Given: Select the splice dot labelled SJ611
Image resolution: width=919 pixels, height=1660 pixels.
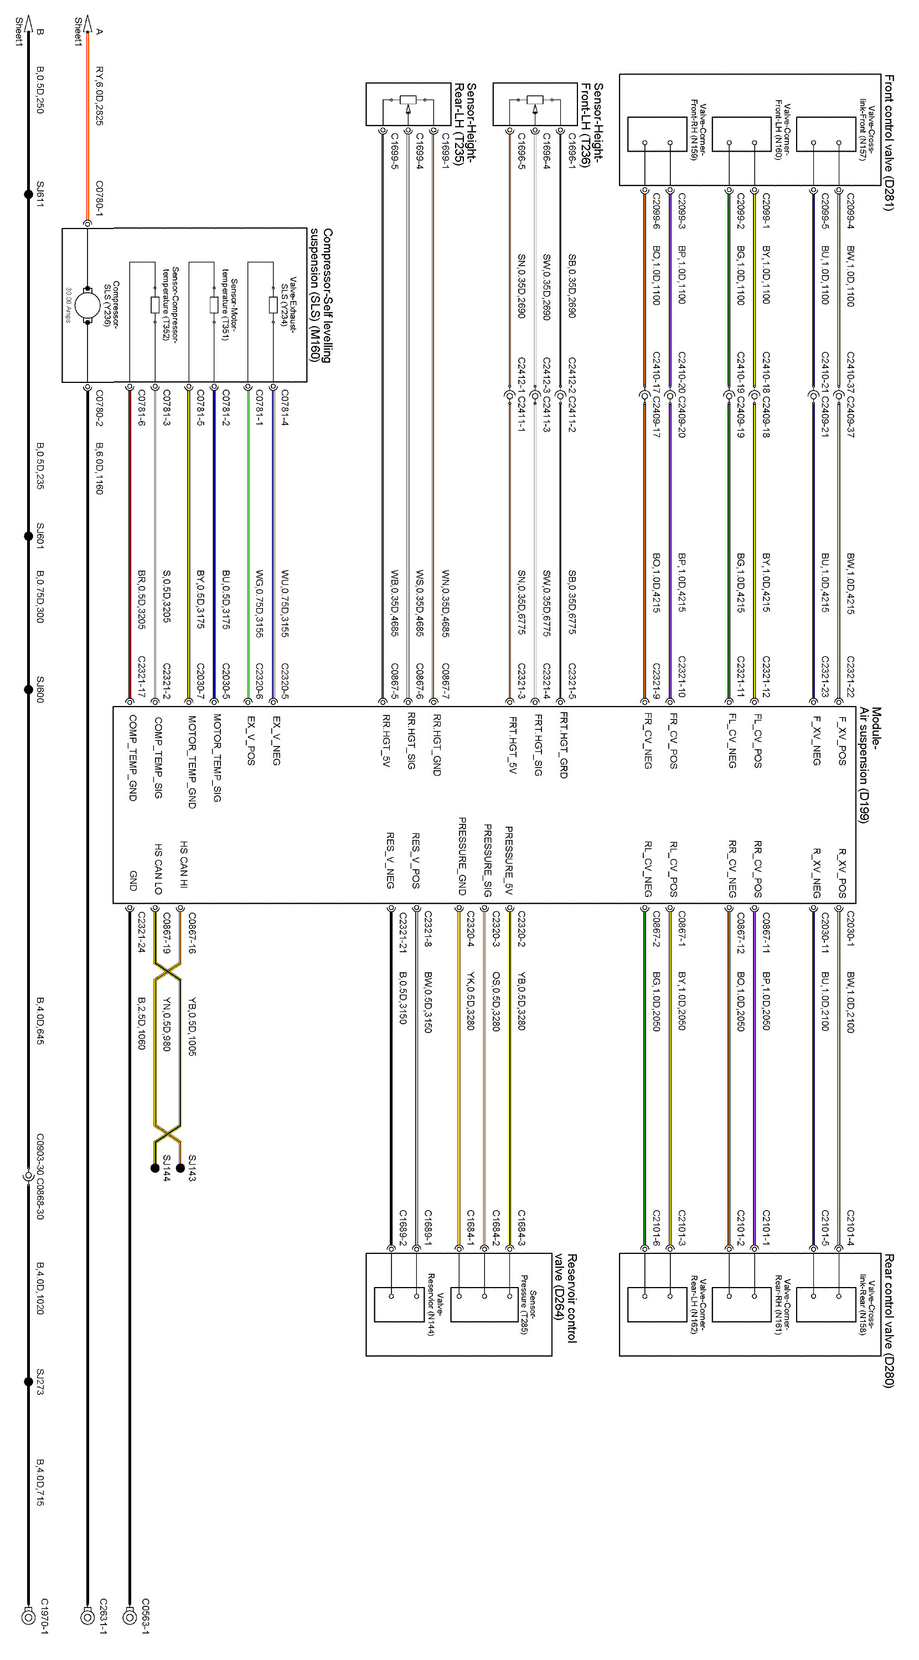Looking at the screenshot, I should [28, 193].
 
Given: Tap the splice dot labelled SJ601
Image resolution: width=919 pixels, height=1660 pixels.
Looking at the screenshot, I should [28, 536].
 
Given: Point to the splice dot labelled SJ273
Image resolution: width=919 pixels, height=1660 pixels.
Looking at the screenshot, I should [28, 1382].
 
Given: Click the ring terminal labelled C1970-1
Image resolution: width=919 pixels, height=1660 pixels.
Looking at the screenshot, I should [28, 1617].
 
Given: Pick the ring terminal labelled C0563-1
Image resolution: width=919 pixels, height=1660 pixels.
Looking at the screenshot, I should [129, 1617].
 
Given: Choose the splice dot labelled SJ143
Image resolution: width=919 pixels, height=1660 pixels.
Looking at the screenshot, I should [180, 1168].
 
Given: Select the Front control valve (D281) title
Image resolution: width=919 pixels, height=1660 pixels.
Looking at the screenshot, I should [889, 142].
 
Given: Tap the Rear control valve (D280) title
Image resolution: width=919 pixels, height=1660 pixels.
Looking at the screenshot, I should [889, 1321].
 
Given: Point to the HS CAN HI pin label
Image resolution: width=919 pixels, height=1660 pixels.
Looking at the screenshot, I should [184, 864].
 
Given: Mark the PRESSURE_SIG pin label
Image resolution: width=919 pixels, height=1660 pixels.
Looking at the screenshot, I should [488, 860].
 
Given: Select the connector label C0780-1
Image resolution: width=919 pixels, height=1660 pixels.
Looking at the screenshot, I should [99, 198].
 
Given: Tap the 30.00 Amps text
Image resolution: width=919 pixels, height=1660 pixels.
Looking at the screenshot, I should [68, 305].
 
